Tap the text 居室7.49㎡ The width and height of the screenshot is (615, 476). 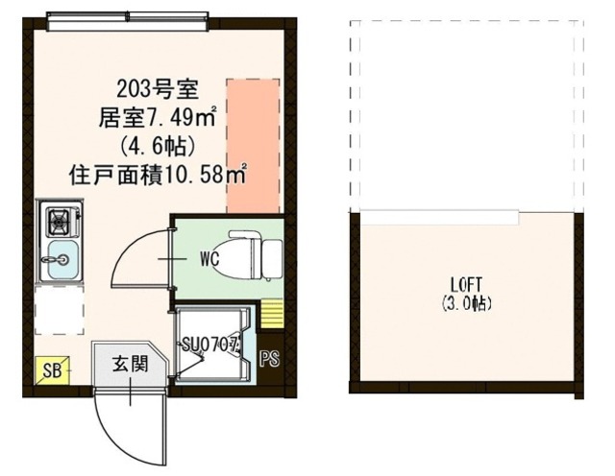coord(160,120)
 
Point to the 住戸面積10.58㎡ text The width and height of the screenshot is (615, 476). coord(160,176)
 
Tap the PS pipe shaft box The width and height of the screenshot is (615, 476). coord(271,359)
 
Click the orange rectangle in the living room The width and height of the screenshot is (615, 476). coord(254,147)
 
